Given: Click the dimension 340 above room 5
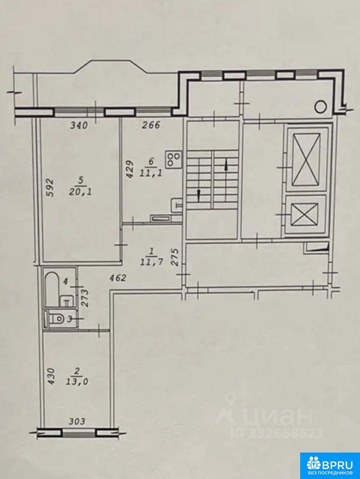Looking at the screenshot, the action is coord(79,125).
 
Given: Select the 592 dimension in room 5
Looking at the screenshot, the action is coord(50,188).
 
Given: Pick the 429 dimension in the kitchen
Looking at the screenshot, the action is coord(130,170).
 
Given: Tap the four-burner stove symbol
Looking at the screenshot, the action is coord(174,159).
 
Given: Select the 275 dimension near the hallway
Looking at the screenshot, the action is coord(175,258).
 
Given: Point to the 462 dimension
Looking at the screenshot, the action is coord(118,278).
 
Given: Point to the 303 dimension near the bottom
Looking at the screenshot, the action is coord(76,422).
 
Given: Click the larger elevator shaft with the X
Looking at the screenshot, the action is coord(306,159).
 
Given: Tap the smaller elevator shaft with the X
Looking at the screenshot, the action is coord(304,215).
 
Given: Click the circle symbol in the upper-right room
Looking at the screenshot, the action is coord(321,106).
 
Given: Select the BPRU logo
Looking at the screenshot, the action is coord(330,465).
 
